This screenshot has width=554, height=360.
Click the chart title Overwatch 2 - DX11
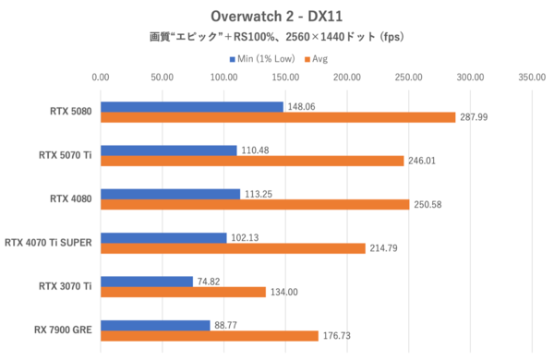pyautogui.click(x=277, y=17)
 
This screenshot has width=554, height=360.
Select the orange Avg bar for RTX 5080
pyautogui.click(x=278, y=117)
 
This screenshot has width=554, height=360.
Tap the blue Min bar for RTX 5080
pyautogui.click(x=192, y=106)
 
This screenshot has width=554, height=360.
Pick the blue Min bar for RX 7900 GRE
pyautogui.click(x=155, y=324)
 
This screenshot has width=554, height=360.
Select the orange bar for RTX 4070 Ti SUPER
pyautogui.click(x=233, y=248)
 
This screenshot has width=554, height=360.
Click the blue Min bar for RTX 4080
pyautogui.click(x=170, y=194)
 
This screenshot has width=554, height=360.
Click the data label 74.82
pyautogui.click(x=212, y=282)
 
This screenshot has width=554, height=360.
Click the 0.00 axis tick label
pyautogui.click(x=101, y=78)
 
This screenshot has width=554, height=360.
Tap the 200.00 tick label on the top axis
pyautogui.click(x=347, y=78)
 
